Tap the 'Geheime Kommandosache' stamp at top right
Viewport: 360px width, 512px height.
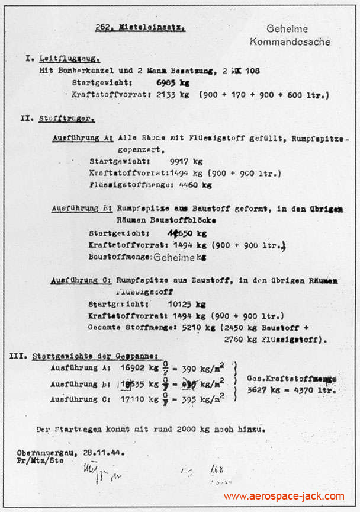(x=290, y=36)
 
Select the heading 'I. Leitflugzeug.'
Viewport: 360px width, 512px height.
(x=63, y=59)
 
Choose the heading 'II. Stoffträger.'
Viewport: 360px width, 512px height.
(x=57, y=119)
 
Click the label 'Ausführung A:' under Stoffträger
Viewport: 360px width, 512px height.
(x=83, y=137)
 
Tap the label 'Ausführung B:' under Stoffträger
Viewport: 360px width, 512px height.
(x=82, y=209)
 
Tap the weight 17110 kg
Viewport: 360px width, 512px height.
(x=139, y=400)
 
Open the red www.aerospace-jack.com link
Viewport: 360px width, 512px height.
(x=284, y=496)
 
